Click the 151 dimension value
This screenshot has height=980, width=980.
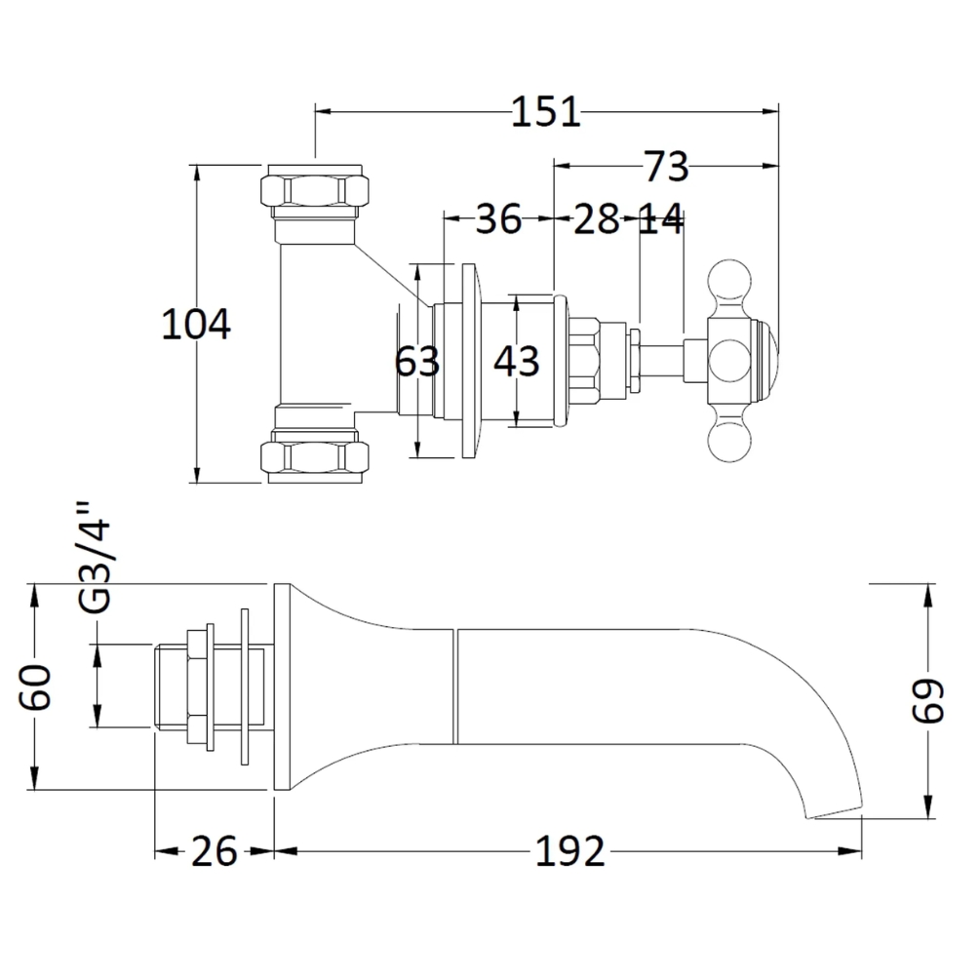pyautogui.click(x=546, y=112)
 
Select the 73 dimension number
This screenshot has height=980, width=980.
pyautogui.click(x=666, y=167)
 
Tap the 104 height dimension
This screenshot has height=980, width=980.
pyautogui.click(x=196, y=325)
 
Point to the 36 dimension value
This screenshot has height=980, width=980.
pyautogui.click(x=498, y=218)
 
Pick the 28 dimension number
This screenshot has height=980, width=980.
pyautogui.click(x=597, y=218)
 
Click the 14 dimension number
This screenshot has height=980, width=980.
pyautogui.click(x=662, y=218)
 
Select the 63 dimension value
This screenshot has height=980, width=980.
pyautogui.click(x=417, y=361)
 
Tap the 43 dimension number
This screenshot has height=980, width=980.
pyautogui.click(x=516, y=361)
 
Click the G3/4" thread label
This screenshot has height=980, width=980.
pyautogui.click(x=95, y=558)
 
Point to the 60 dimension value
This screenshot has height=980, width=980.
pyautogui.click(x=35, y=687)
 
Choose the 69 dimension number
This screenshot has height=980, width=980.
pyautogui.click(x=928, y=700)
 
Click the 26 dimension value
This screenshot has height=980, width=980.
pyautogui.click(x=215, y=851)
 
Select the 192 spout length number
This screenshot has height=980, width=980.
pyautogui.click(x=570, y=851)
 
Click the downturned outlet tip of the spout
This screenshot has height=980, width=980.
pyautogui.click(x=835, y=810)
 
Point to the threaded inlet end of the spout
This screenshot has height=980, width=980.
pyautogui.click(x=170, y=687)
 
